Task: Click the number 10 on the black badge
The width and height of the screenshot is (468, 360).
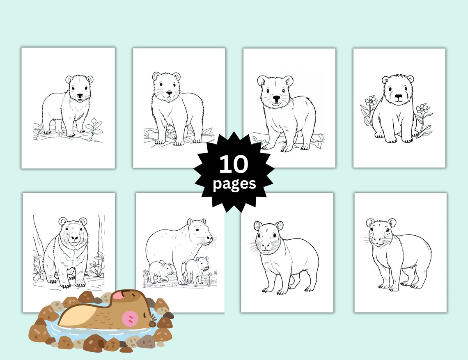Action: tap(234, 164)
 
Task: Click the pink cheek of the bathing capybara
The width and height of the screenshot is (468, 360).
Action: tap(131, 319)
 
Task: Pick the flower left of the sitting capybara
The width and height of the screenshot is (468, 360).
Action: tap(371, 101)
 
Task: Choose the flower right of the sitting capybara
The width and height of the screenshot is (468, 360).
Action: tap(422, 109)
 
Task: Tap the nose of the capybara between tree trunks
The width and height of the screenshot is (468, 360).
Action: tap(73, 238)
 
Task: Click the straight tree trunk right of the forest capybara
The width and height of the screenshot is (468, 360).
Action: tap(101, 238)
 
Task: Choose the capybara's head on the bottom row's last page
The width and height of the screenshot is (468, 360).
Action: tap(381, 234)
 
